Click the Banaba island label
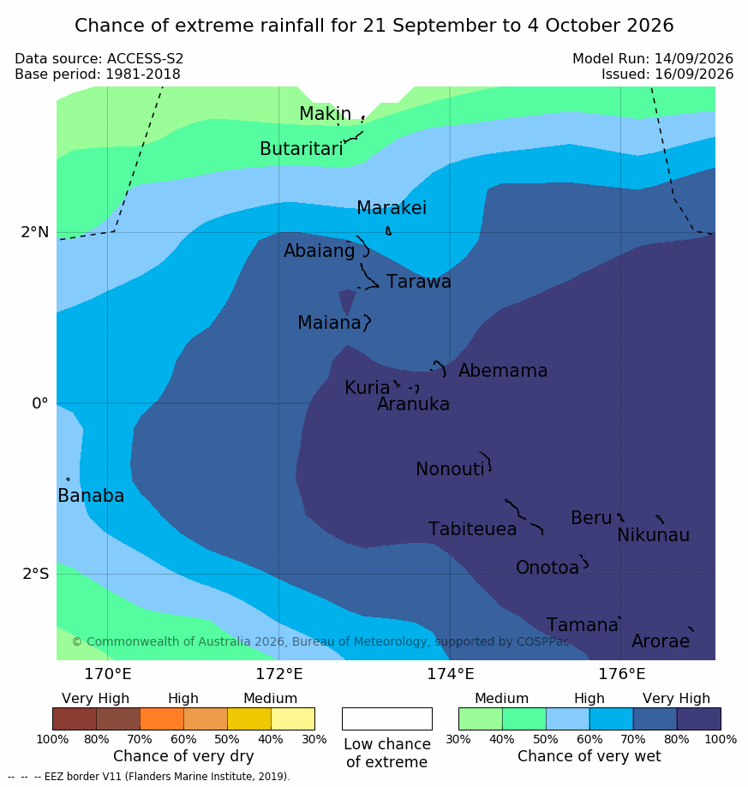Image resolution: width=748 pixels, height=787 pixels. click(91, 495)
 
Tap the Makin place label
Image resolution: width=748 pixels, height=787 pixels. click(325, 113)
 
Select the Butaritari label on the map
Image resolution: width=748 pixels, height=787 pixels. click(302, 148)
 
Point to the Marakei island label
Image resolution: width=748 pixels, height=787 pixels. click(392, 208)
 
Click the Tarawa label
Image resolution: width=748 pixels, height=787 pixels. click(419, 282)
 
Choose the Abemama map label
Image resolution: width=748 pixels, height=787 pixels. click(503, 371)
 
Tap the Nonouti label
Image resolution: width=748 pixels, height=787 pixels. click(450, 468)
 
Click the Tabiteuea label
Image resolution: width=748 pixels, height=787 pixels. click(472, 529)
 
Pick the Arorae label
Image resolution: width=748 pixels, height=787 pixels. click(661, 641)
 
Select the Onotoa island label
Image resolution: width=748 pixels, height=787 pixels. click(548, 568)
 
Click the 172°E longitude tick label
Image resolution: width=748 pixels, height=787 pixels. click(279, 674)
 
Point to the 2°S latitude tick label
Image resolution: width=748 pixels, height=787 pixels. click(36, 574)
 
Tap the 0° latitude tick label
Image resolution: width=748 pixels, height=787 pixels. click(40, 403)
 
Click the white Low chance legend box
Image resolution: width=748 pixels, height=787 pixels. click(387, 718)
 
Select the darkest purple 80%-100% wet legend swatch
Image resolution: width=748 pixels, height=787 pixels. click(699, 718)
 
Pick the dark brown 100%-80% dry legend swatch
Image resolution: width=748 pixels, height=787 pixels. click(75, 718)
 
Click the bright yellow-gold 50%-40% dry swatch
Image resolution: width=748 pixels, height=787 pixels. click(249, 718)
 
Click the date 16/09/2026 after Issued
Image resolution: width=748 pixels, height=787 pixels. click(694, 75)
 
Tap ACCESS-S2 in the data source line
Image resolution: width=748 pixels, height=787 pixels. click(145, 59)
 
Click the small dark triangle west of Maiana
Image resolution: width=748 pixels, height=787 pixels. click(347, 302)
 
